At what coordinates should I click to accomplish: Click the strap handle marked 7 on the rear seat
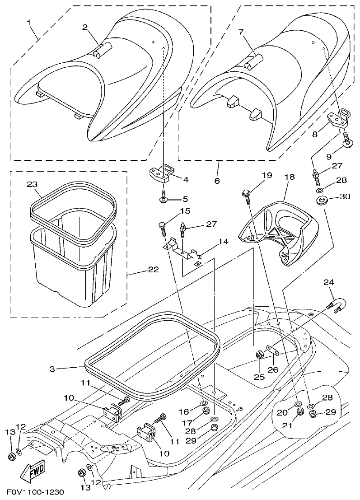[253, 61]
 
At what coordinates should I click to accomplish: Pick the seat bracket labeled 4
[160, 173]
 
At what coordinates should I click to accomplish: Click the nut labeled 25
[260, 355]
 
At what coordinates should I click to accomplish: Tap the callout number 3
[52, 368]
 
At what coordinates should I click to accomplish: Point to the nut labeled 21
[299, 412]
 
